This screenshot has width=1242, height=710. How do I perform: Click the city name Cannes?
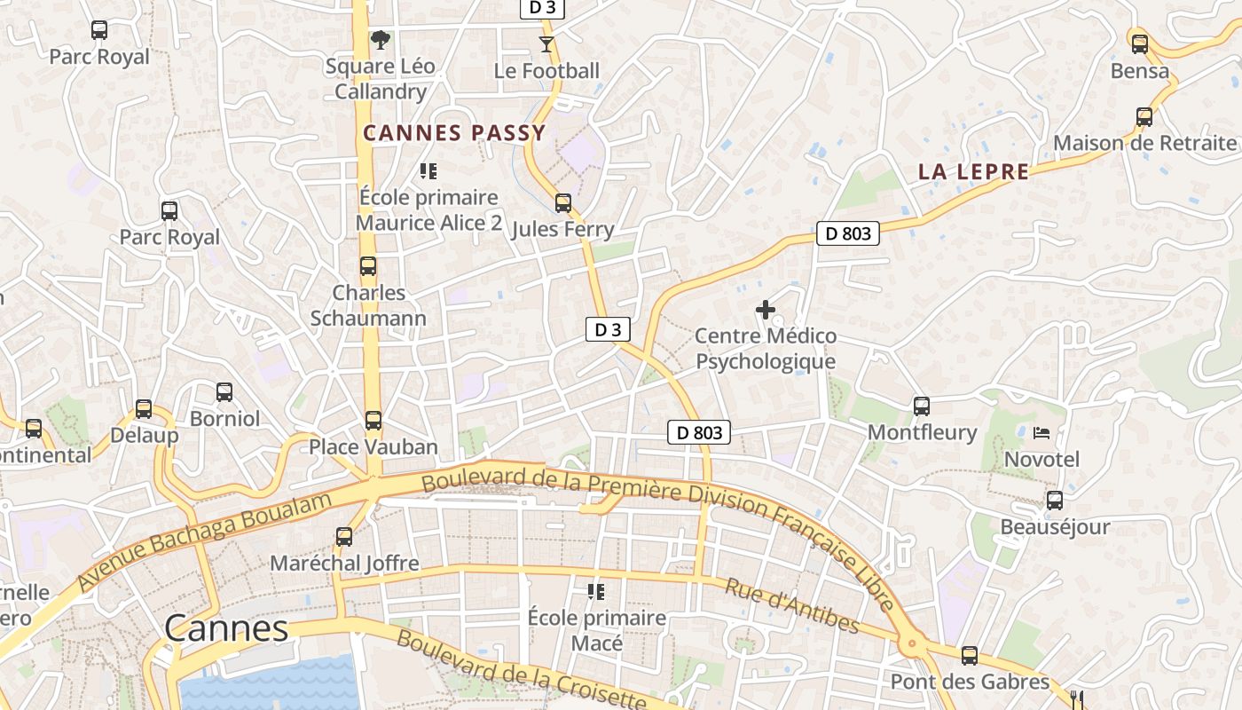click(226, 628)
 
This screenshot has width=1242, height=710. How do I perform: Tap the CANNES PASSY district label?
click(454, 134)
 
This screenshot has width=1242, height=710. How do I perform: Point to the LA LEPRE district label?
click(973, 172)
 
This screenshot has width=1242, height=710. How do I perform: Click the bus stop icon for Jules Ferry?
click(562, 203)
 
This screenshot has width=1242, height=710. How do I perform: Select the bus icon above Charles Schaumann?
click(368, 266)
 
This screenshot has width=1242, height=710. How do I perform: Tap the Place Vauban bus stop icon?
click(373, 421)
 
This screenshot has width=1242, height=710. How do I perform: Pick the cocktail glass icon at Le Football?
click(546, 43)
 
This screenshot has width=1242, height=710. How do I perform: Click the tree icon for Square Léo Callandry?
click(381, 40)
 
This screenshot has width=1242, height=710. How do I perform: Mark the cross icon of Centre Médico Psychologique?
click(765, 310)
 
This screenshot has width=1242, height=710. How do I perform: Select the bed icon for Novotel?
click(1042, 433)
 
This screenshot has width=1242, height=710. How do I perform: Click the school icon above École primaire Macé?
click(596, 591)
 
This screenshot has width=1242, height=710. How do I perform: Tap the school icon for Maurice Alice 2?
click(428, 171)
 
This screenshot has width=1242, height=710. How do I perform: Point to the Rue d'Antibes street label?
click(792, 606)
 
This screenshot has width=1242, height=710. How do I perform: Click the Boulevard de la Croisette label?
click(522, 670)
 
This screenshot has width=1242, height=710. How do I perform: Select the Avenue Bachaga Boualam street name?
click(204, 540)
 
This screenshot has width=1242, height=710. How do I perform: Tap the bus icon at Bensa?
click(1139, 43)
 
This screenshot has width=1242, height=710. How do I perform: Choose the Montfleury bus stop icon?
click(922, 406)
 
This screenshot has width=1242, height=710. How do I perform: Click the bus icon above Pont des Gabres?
click(970, 656)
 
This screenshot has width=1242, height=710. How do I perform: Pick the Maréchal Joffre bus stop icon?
click(344, 537)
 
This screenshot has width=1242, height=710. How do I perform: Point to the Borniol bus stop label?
click(224, 418)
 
